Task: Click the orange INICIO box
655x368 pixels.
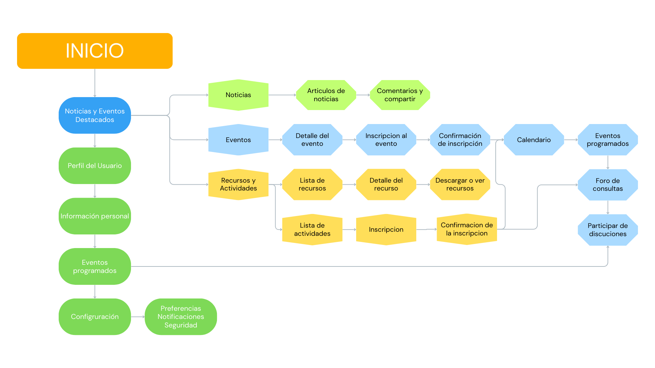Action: (95, 51)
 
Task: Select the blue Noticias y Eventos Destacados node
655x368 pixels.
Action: (95, 116)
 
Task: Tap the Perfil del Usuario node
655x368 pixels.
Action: (95, 166)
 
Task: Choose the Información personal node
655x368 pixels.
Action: (95, 216)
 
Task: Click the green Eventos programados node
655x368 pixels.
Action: (95, 266)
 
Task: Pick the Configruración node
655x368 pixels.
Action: (95, 317)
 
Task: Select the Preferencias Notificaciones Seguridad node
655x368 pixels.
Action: (181, 317)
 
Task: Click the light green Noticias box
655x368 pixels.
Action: (238, 95)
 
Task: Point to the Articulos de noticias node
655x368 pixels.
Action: (326, 95)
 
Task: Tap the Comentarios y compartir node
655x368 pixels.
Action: (400, 95)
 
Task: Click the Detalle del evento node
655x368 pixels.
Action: (312, 140)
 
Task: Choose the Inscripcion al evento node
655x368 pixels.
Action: (386, 140)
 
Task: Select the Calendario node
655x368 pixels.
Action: (534, 140)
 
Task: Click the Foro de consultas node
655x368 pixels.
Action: (608, 185)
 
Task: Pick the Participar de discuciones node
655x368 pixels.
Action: (608, 230)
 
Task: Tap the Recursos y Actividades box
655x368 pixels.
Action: (238, 184)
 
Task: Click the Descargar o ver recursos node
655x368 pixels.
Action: (460, 184)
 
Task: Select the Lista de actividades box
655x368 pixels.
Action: (312, 229)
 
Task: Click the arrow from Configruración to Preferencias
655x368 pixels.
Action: (138, 317)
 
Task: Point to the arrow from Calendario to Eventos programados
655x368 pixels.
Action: (571, 140)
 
